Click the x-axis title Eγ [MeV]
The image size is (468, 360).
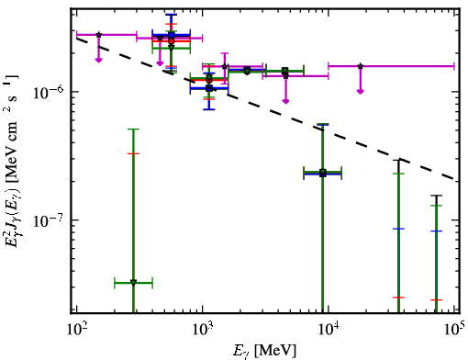[264, 350]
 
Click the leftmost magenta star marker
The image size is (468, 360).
[98, 35]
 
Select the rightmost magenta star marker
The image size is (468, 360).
[361, 66]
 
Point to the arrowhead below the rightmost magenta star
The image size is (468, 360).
[361, 91]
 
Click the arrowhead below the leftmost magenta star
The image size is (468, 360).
[98, 60]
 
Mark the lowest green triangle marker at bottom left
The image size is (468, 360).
[133, 282]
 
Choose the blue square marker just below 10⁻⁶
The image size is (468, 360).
[209, 88]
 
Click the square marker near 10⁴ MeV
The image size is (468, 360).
[323, 174]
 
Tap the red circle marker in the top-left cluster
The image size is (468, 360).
[172, 41]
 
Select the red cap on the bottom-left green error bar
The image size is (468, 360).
[133, 153]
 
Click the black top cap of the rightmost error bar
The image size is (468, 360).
[436, 196]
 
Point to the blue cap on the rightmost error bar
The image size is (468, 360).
[436, 231]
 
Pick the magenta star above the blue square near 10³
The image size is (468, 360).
[225, 66]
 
